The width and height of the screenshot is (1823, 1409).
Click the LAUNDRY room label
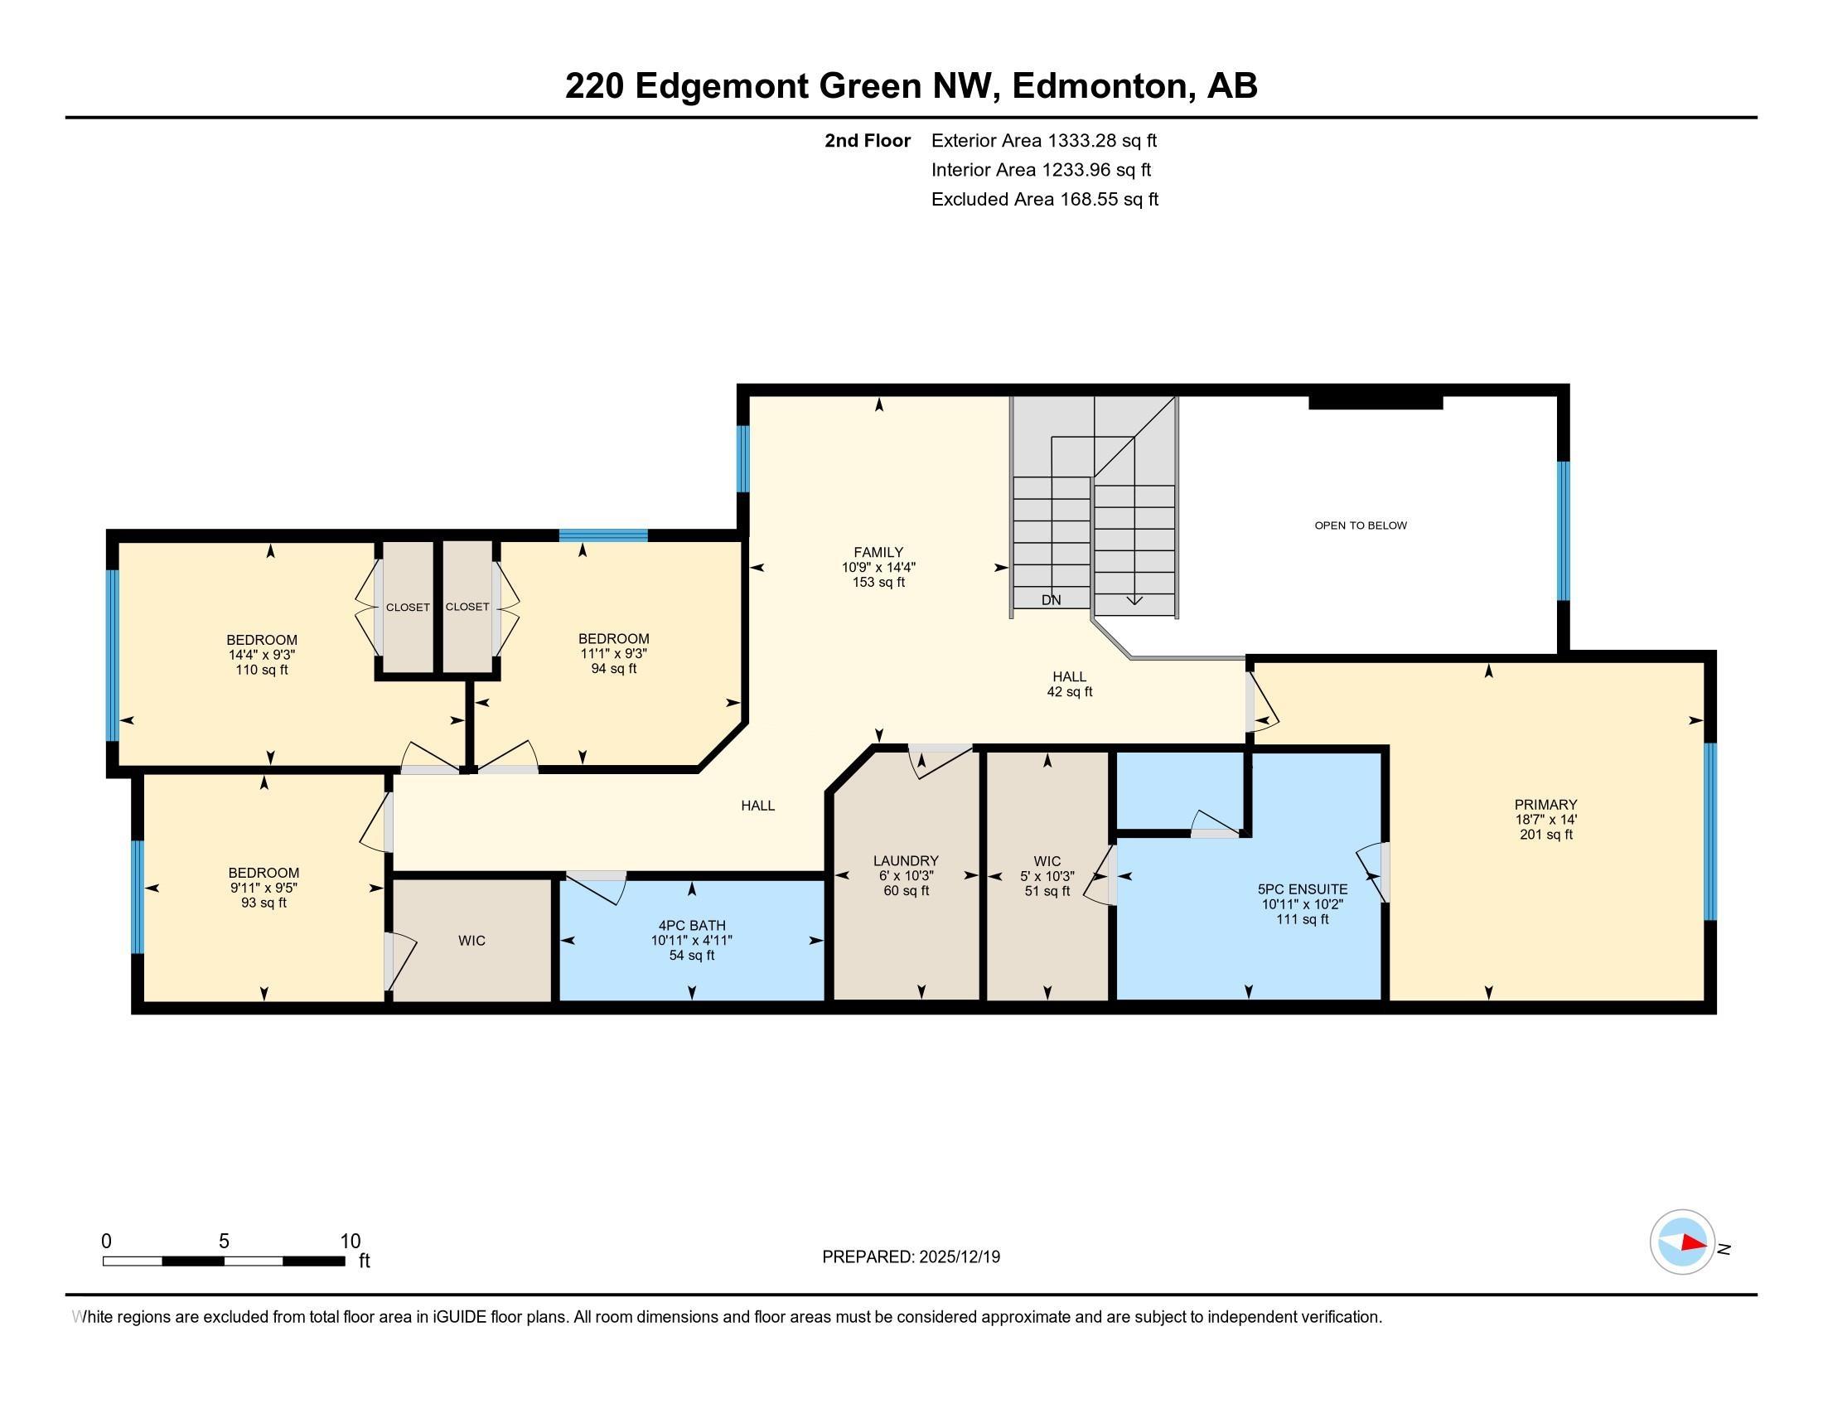click(x=906, y=860)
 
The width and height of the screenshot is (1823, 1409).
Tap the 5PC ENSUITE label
click(x=1302, y=889)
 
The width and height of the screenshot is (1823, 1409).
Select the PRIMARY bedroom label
click(x=1546, y=805)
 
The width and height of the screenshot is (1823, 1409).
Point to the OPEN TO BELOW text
click(x=1361, y=525)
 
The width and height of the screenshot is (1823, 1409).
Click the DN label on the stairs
click(x=1051, y=599)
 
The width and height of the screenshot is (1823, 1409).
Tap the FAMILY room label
click(x=878, y=552)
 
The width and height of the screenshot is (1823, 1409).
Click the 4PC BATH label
click(x=692, y=925)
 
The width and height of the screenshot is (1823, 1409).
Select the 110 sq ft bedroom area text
click(x=262, y=670)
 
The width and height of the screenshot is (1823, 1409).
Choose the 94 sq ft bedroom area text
click(x=613, y=669)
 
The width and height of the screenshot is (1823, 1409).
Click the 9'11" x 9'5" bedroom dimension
click(x=264, y=888)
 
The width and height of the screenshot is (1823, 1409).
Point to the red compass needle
click(x=1694, y=1243)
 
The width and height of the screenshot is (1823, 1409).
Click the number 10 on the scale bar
click(x=351, y=1242)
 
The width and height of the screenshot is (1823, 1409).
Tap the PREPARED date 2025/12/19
click(x=958, y=1256)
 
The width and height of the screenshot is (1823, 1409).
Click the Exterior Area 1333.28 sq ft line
click(x=1043, y=140)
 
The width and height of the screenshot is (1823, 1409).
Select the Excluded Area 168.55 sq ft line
click(x=1044, y=199)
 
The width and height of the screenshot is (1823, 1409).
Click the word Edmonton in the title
click(x=1100, y=86)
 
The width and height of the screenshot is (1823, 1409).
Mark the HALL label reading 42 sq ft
click(x=1069, y=684)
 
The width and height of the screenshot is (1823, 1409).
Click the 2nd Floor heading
click(x=868, y=140)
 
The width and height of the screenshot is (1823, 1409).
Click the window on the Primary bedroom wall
click(x=1709, y=831)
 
